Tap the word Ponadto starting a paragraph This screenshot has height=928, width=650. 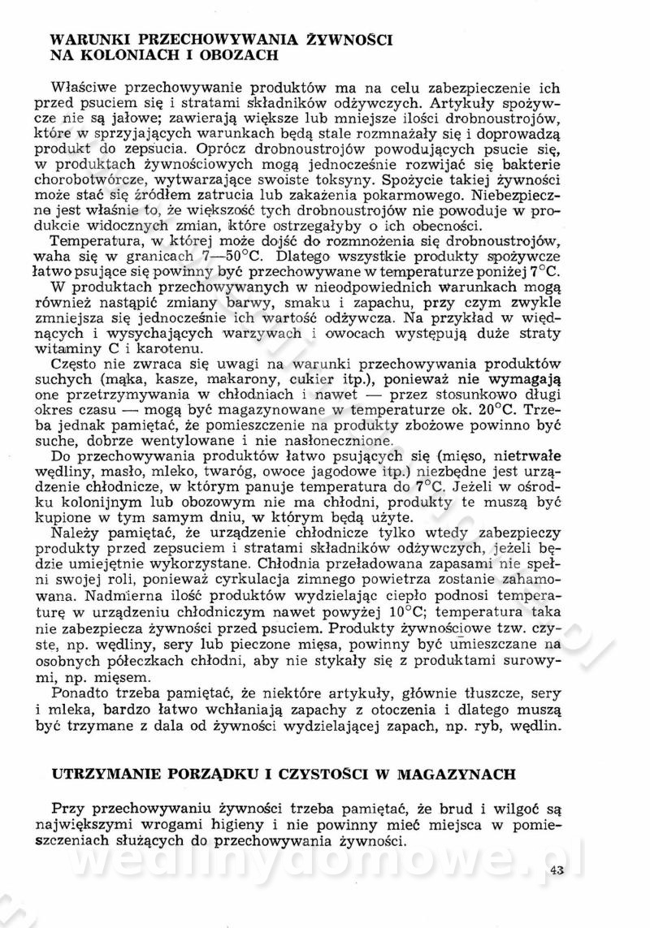pyautogui.click(x=77, y=691)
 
